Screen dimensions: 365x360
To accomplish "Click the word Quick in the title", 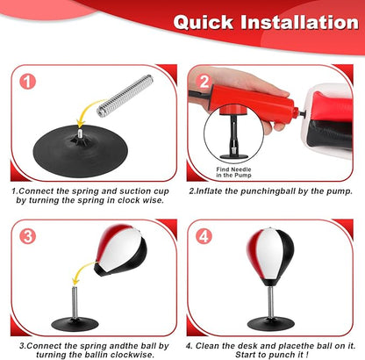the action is tap(204, 22).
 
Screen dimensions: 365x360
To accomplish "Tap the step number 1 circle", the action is tap(27, 82).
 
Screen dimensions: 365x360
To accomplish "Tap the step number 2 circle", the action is tap(204, 81).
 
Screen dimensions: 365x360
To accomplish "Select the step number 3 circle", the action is tap(27, 236).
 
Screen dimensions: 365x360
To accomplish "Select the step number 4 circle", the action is tap(204, 236).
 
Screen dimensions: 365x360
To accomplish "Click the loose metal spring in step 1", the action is tap(125, 96).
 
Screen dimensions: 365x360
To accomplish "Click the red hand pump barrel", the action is tap(253, 101).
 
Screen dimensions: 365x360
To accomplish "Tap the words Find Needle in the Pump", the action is tap(233, 172).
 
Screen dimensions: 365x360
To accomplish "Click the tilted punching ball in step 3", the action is tap(120, 250).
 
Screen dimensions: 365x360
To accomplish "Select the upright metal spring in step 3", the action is tap(75, 303).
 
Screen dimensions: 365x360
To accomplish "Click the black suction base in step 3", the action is tap(75, 324).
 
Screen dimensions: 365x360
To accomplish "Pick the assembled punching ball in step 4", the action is tap(270, 257).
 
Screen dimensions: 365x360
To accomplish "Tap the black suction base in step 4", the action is tap(271, 324).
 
